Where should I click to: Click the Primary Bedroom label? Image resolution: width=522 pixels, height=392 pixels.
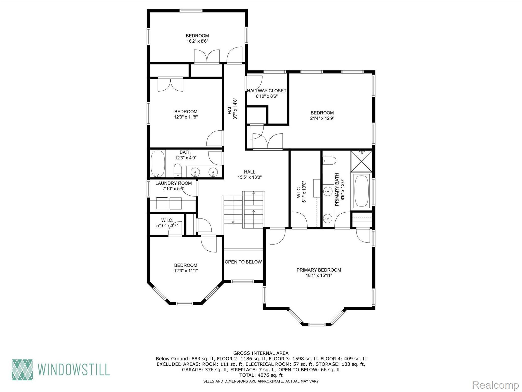pyautogui.click(x=319, y=270)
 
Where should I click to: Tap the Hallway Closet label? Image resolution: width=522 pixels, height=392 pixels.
pyautogui.click(x=267, y=91)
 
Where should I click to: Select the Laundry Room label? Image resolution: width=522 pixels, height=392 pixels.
pyautogui.click(x=174, y=183)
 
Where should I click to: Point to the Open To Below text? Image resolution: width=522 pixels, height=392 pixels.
pyautogui.click(x=243, y=262)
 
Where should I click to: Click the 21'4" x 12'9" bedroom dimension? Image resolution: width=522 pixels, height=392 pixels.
pyautogui.click(x=322, y=118)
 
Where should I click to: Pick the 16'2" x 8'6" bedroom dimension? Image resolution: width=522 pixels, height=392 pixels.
pyautogui.click(x=197, y=41)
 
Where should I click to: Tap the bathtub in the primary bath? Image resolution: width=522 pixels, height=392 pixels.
pyautogui.click(x=361, y=191)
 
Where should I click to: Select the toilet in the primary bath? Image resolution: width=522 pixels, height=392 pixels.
pyautogui.click(x=329, y=161)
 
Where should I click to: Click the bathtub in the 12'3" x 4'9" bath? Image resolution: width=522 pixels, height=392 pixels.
pyautogui.click(x=158, y=164)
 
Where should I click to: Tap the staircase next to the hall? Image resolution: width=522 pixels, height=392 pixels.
pyautogui.click(x=243, y=210)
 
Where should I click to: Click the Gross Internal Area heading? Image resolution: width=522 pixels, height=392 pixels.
pyautogui.click(x=261, y=353)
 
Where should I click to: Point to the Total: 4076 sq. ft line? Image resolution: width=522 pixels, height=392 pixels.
pyautogui.click(x=261, y=375)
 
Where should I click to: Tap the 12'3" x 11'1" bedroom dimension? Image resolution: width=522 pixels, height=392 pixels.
pyautogui.click(x=186, y=271)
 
